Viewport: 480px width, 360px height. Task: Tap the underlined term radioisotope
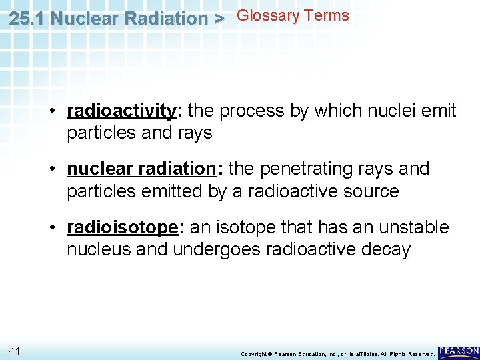point(122,228)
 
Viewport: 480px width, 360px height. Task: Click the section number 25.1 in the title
point(28,18)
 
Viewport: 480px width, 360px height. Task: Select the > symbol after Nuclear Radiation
point(217,18)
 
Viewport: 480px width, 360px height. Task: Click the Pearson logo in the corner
point(459,351)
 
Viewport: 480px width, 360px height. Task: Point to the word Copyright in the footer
point(254,353)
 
